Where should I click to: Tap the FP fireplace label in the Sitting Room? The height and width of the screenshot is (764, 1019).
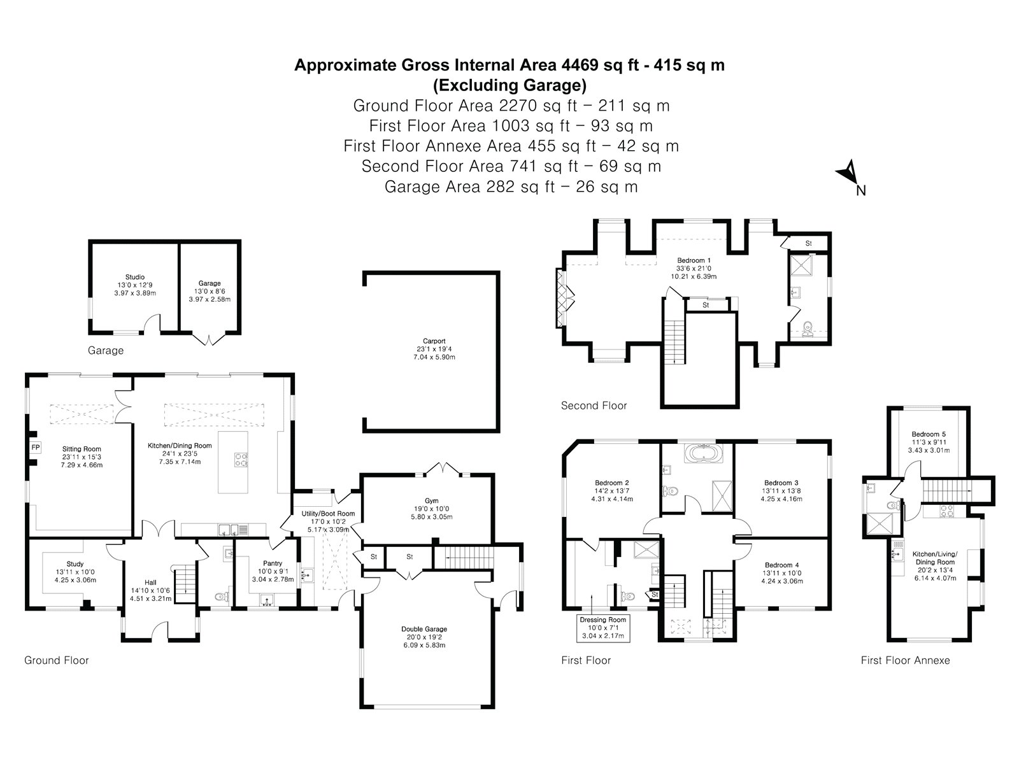pos(36,448)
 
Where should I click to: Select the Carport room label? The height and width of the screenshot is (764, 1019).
pos(434,341)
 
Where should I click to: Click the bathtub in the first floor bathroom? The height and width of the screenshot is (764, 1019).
pos(703,453)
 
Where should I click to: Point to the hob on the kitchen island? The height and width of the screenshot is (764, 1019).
pos(241,460)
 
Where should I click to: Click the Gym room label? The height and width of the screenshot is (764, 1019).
pos(431,500)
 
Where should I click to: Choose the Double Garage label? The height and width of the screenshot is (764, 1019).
pos(424,629)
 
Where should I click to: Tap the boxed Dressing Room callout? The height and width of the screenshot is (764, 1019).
pos(603,628)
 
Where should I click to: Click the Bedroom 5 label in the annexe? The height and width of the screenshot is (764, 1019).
pos(929,434)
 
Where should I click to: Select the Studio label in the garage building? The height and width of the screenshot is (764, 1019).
pos(134,277)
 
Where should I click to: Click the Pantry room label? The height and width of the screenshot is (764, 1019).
pos(273,563)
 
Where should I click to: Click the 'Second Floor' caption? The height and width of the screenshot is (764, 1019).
pos(594,406)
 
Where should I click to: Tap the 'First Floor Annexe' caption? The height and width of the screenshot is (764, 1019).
pos(905,660)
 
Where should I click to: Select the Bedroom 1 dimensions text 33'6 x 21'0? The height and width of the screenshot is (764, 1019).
pos(694,268)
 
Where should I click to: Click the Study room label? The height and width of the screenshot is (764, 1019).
pos(75,564)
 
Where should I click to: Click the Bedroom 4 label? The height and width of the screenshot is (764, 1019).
pos(782,565)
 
